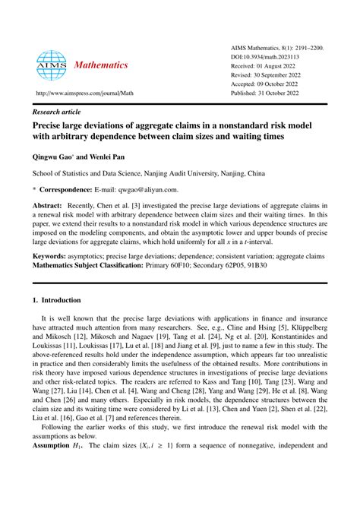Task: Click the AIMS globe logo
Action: click(50, 65)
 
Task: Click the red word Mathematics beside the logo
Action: click(102, 65)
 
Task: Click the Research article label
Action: click(55, 111)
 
